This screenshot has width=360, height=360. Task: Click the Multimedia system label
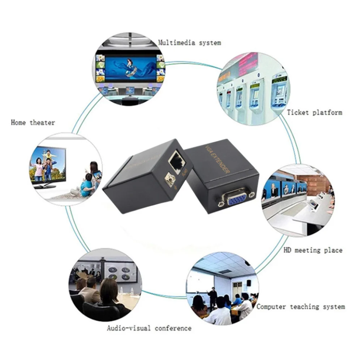189,43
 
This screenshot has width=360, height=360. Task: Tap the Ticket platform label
314,112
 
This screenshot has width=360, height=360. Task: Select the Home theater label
33,123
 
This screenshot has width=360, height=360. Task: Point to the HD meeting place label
313,250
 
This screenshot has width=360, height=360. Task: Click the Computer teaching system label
301,307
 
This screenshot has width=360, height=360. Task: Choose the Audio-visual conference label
149,328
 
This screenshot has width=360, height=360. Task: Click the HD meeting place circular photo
298,201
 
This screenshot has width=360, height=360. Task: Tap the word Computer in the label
272,307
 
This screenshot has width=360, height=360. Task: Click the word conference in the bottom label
173,328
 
